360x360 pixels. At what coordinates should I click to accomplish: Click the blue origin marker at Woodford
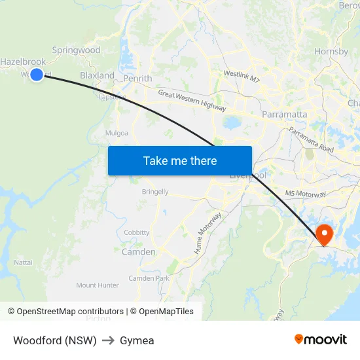[x=37, y=75]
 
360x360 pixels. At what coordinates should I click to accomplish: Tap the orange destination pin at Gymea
[x=324, y=234]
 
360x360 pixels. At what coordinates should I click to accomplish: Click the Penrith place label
[x=137, y=79]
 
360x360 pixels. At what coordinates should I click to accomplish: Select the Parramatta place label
[x=284, y=114]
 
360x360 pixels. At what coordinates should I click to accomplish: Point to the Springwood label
[x=76, y=50]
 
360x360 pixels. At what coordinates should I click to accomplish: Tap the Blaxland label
[x=97, y=75]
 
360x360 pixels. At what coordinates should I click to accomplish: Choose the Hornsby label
[x=331, y=50]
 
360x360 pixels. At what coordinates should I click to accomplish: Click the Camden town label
[x=139, y=251]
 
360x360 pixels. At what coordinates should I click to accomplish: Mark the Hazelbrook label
[x=23, y=62]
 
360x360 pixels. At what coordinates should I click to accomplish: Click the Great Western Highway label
[x=192, y=101]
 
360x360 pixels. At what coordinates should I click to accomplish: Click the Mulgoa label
[x=117, y=133]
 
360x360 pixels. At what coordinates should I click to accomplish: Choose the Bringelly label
[x=155, y=192]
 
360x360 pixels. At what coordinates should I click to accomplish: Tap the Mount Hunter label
[x=98, y=285]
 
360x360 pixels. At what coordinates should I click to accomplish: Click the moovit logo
[x=320, y=340]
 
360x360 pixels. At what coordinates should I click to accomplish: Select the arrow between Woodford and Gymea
[x=108, y=340]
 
